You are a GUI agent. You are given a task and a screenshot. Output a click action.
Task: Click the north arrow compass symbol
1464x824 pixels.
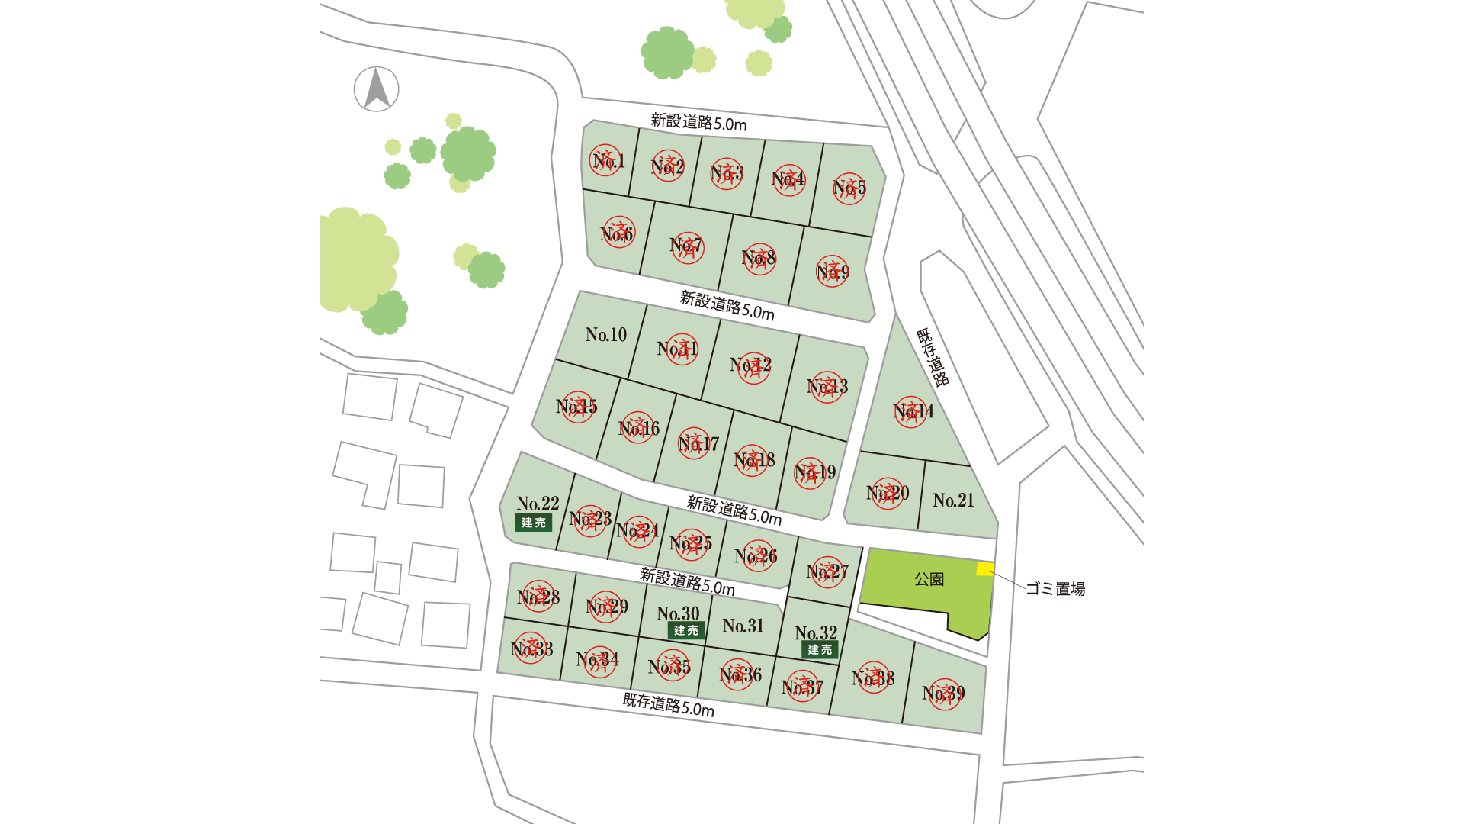click(376, 89)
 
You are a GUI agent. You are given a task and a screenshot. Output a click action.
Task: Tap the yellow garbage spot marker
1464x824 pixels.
click(985, 568)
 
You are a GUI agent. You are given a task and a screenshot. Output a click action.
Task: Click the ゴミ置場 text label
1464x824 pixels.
click(1055, 589)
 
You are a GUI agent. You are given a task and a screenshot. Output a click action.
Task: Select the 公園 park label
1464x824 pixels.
click(929, 580)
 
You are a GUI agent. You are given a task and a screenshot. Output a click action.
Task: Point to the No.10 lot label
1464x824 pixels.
click(606, 335)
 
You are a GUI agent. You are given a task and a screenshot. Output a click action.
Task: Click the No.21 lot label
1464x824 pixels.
click(953, 501)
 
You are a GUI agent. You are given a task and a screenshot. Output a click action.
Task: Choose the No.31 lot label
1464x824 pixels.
click(743, 626)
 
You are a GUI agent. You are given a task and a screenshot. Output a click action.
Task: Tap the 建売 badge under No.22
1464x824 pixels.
click(534, 523)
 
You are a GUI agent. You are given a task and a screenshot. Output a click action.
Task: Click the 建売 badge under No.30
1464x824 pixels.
click(685, 631)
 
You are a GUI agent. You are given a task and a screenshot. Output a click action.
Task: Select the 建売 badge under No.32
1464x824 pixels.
click(820, 650)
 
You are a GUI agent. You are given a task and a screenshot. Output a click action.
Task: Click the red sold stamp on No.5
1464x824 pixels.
click(849, 188)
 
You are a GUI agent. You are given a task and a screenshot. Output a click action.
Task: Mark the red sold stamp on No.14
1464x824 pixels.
click(910, 412)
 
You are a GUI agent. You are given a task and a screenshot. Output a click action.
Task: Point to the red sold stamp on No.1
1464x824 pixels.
click(605, 160)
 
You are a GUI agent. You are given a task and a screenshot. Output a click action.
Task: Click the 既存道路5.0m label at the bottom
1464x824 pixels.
click(669, 705)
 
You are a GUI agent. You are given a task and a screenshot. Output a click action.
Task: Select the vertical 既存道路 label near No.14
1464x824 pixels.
click(933, 357)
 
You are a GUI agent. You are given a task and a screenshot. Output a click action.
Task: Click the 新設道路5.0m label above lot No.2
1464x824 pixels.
click(698, 122)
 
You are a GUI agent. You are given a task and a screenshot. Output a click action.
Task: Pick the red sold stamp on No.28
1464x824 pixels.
click(538, 597)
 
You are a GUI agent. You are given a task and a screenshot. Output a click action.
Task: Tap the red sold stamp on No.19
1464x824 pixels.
click(810, 473)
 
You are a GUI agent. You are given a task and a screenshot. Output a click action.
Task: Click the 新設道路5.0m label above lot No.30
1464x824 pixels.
click(687, 581)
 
